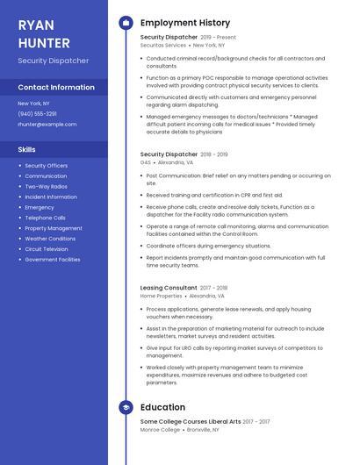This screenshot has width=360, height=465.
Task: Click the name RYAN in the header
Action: coord(35,24)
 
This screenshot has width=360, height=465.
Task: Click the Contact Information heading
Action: coord(56,88)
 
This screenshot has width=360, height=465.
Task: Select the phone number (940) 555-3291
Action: coord(38,114)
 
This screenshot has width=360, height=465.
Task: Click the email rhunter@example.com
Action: coord(47,125)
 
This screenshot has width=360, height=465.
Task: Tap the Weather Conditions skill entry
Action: coord(50,239)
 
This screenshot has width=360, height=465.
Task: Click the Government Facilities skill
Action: coord(53,260)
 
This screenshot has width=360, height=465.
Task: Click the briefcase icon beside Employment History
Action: coord(125,23)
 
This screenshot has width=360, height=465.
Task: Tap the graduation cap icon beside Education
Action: coord(125,407)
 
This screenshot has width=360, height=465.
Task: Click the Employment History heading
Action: coord(185,23)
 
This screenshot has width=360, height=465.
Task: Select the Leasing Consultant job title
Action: coord(169,288)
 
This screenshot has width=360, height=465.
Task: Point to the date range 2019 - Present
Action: coord(219,38)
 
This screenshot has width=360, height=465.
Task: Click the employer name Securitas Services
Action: coord(163,46)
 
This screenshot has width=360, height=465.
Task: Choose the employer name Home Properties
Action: coord(161,296)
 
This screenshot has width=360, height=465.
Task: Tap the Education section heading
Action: coord(162,407)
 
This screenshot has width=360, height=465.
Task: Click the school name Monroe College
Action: coord(160,430)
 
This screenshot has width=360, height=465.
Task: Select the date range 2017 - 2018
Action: coord(213,288)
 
